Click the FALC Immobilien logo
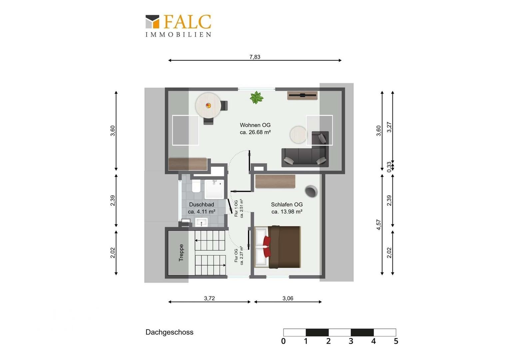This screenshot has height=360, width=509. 178,25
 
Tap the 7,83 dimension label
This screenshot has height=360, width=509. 255,57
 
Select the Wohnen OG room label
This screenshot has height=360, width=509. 255,128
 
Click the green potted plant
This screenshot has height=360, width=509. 256,98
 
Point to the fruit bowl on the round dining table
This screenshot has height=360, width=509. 208,106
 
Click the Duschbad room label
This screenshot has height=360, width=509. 202,208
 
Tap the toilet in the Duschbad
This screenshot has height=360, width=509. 196,186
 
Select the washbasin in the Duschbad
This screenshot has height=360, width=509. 201,222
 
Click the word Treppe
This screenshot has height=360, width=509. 181,253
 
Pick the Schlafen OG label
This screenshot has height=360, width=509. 287,208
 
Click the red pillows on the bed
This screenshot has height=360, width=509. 267,247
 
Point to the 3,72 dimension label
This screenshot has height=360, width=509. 209,298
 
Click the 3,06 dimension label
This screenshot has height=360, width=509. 288,298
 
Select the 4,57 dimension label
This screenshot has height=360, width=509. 378,224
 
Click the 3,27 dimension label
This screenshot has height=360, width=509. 389,127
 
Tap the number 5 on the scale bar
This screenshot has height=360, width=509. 396,341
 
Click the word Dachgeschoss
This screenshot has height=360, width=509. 170,332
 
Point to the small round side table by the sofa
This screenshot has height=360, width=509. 298,135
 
